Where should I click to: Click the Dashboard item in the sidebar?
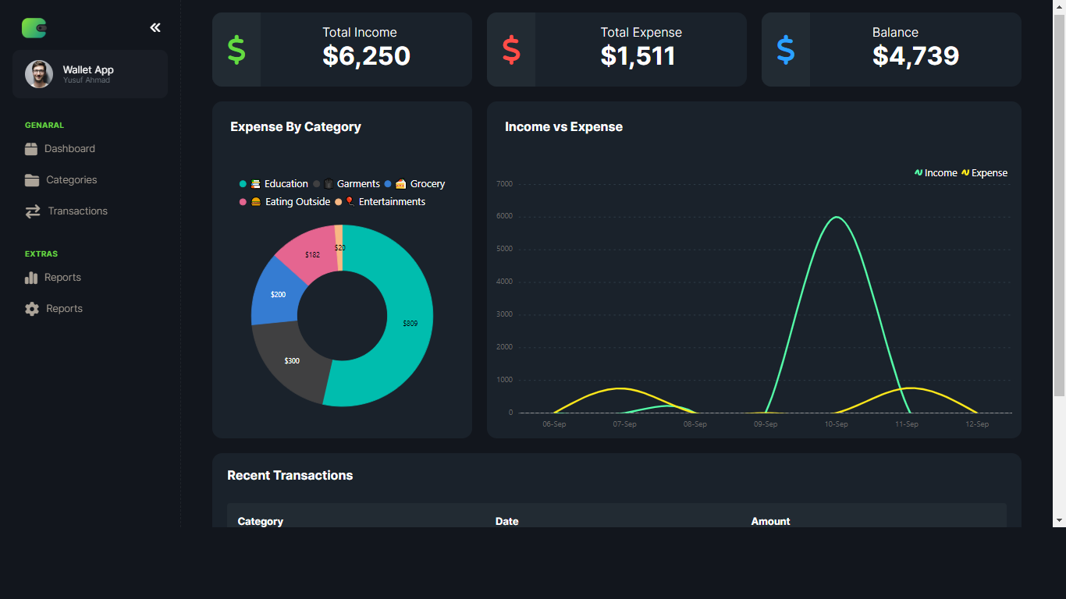click(69, 149)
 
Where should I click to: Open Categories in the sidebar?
click(70, 180)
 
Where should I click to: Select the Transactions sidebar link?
click(76, 211)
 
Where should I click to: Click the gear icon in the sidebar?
click(32, 309)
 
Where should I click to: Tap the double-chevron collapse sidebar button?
click(155, 28)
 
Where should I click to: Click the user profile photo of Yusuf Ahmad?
click(39, 74)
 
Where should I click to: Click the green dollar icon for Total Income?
click(236, 50)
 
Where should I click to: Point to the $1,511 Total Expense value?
click(638, 56)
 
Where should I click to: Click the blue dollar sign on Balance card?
click(786, 50)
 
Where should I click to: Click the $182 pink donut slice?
click(311, 253)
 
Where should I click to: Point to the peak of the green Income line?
click(837, 217)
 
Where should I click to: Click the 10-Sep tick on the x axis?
click(836, 424)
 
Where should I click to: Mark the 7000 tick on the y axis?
click(504, 184)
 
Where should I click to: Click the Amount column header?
click(770, 521)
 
